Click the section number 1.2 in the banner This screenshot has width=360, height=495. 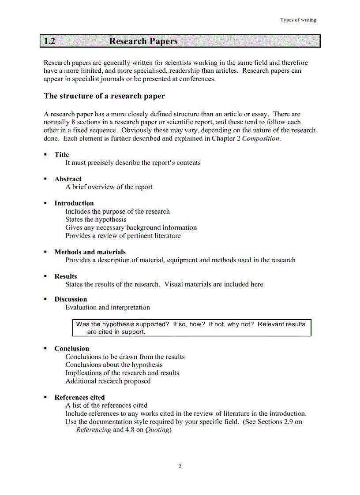tap(49, 41)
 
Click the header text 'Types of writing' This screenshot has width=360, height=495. tap(298, 20)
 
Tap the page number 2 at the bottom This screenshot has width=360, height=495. tap(180, 466)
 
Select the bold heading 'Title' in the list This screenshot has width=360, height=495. tap(62, 155)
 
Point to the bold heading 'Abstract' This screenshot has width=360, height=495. tap(68, 179)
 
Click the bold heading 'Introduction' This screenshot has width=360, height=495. tap(74, 203)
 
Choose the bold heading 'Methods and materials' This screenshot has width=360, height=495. tap(90, 252)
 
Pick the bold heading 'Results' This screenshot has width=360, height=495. tap(66, 276)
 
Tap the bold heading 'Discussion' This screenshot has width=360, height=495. tap(71, 299)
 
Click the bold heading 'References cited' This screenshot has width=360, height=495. tap(79, 397)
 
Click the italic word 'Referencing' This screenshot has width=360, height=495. tap(94, 430)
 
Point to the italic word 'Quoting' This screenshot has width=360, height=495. tap(157, 430)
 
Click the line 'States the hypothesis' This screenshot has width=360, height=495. tap(96, 220)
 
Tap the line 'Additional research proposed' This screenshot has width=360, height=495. tap(108, 381)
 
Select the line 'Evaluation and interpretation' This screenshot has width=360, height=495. tap(108, 308)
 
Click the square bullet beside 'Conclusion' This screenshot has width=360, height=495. tap(45, 349)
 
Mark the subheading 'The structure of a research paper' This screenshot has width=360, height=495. tap(105, 96)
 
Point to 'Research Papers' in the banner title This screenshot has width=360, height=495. tap(143, 41)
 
